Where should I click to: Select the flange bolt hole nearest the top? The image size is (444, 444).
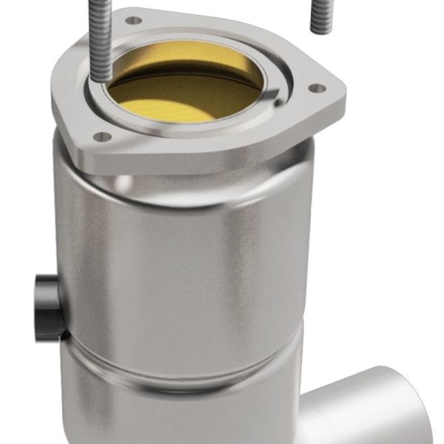click(133, 21)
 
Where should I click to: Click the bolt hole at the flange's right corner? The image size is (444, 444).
click(316, 88)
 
